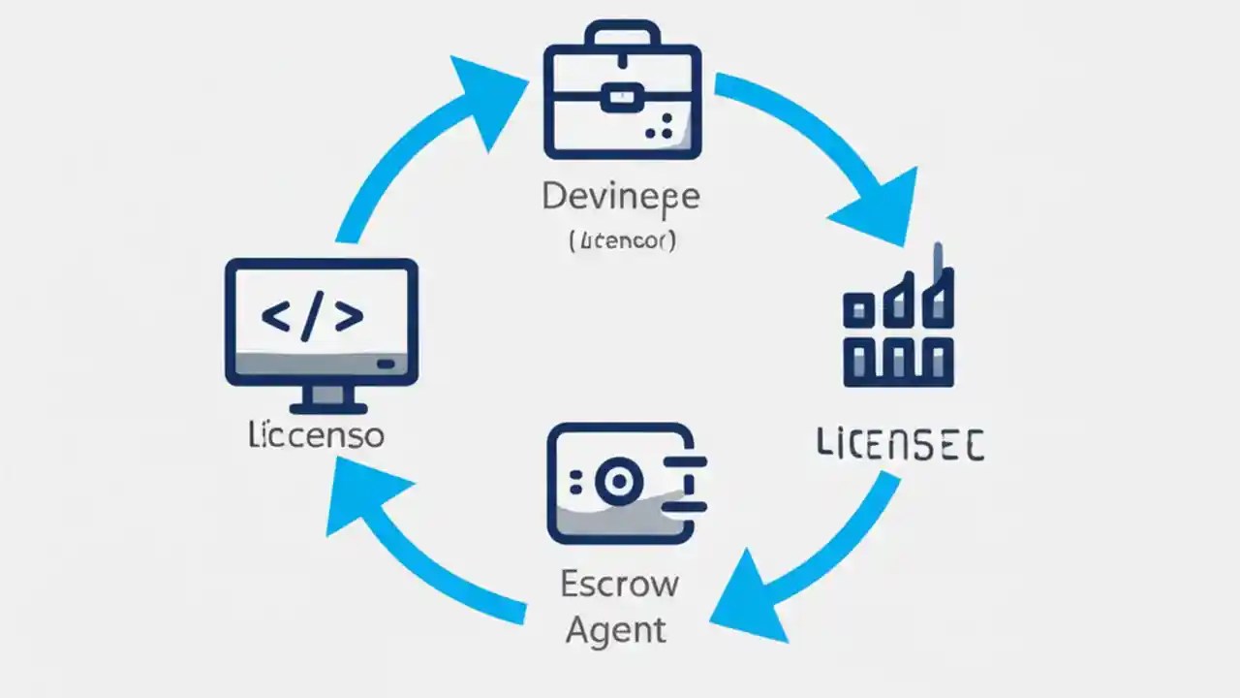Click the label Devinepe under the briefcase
click(620, 197)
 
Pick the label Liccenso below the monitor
click(316, 435)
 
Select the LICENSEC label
click(901, 446)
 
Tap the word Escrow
click(619, 585)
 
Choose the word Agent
click(616, 630)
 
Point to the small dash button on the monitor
click(385, 364)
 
